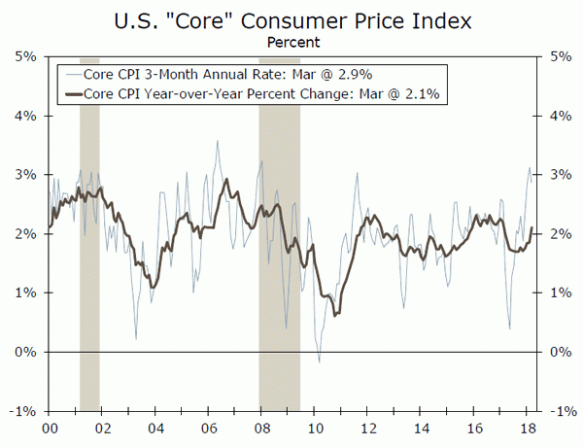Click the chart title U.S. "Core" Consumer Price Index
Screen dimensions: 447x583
click(291, 18)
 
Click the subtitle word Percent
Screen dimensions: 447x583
click(291, 42)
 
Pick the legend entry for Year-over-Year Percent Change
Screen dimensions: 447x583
click(262, 93)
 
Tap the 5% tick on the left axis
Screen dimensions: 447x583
click(26, 56)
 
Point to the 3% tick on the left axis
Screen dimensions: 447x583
click(26, 175)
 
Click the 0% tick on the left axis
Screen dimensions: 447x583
click(26, 352)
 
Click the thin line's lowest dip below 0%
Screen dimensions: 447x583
click(319, 361)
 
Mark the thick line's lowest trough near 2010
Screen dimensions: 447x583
click(335, 315)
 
